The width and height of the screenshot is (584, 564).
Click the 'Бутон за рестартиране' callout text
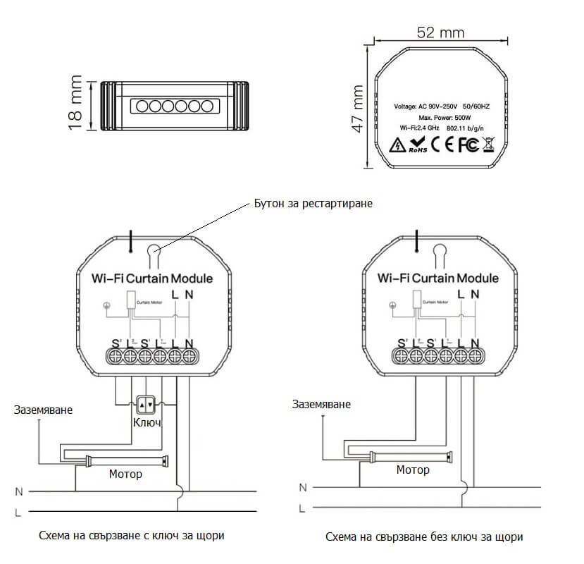click(x=312, y=203)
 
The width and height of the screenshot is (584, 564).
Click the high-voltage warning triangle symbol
click(x=398, y=146)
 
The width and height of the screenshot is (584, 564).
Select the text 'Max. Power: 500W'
click(x=444, y=117)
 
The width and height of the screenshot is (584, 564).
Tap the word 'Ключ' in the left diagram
click(x=147, y=423)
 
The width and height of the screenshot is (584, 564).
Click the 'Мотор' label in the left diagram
click(x=125, y=474)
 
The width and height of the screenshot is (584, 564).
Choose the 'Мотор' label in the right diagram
click(x=413, y=470)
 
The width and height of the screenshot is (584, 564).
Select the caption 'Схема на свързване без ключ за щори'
click(x=424, y=537)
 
